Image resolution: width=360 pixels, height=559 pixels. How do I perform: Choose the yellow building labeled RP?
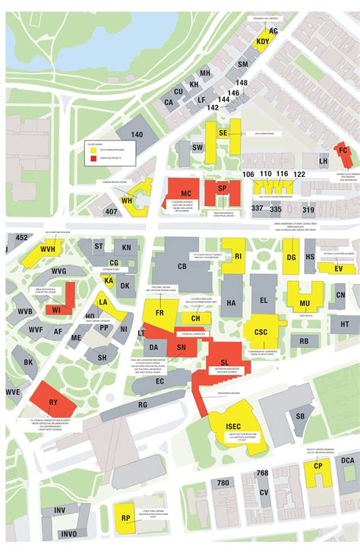tap(125, 519)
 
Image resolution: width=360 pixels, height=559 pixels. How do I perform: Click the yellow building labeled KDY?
tap(263, 42)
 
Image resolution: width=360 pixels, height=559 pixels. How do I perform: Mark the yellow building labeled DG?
tap(290, 257)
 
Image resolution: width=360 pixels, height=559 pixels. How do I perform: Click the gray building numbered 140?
tap(137, 135)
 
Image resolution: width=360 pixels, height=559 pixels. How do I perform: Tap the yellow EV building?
tap(339, 268)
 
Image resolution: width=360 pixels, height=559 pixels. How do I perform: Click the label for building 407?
tap(112, 211)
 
